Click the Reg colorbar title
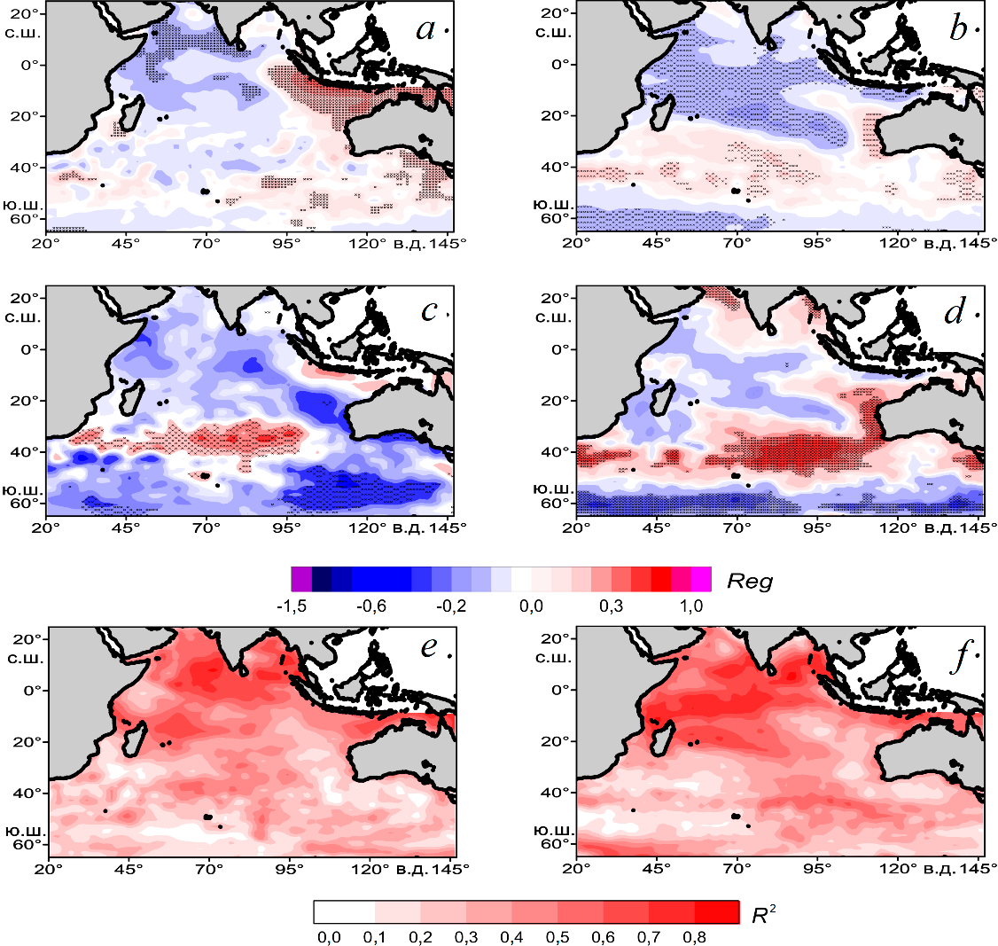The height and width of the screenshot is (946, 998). click(750, 582)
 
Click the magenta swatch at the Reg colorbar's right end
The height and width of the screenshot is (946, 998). click(701, 579)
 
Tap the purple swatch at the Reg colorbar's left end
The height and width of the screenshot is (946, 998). click(300, 579)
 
